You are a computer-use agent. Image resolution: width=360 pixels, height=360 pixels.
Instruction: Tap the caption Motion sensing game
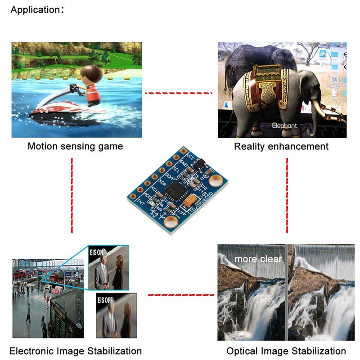tap(75, 146)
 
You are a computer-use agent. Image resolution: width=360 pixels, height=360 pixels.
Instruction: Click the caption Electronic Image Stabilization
tap(76, 351)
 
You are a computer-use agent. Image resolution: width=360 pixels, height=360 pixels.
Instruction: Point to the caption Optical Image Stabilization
tap(286, 351)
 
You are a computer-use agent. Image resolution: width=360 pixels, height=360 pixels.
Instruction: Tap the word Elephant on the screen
tap(284, 126)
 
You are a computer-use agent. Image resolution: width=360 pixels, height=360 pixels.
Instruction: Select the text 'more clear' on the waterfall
tap(258, 259)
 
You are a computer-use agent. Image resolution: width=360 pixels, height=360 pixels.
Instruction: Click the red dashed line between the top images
tap(178, 93)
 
